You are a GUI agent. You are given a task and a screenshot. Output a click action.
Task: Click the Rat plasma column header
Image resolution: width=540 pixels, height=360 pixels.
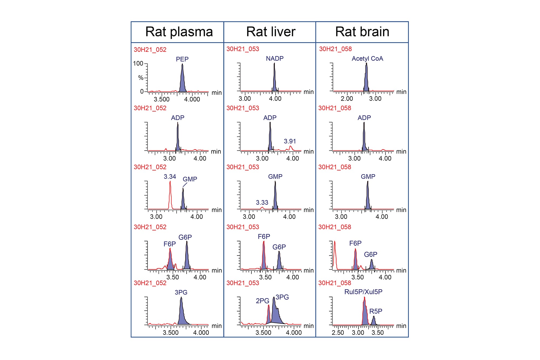point(179,32)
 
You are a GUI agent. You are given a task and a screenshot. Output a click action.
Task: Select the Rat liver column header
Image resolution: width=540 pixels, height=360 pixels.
point(271,32)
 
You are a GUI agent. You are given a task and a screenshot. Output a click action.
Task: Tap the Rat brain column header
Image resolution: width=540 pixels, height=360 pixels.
point(362,32)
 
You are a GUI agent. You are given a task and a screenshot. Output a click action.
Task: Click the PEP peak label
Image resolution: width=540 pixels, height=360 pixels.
point(182,59)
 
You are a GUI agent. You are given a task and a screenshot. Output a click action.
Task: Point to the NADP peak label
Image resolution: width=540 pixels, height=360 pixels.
point(275,59)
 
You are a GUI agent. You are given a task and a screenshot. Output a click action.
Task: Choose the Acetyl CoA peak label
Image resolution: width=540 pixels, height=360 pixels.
point(367,59)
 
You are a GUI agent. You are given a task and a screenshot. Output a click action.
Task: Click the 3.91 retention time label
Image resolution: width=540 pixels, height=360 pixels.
point(290,141)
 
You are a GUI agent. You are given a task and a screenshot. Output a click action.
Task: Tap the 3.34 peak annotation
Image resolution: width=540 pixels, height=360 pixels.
point(170,177)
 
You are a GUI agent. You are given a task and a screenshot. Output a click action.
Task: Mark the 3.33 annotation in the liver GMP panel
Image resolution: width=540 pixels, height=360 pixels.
point(262,203)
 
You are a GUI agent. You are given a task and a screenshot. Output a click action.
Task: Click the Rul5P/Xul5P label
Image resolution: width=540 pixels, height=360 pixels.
point(363,292)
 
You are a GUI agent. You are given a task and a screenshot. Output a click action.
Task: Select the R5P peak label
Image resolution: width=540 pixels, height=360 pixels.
point(376,311)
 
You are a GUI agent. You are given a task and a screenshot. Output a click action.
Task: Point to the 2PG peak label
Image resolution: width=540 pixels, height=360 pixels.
point(262,301)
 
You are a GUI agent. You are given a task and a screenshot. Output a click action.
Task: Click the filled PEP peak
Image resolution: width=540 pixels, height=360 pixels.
point(183,81)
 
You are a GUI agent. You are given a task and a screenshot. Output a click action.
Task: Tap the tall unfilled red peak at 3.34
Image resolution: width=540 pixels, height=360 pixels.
point(170,194)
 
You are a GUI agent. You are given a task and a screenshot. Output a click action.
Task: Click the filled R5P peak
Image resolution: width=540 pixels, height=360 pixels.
point(374,321)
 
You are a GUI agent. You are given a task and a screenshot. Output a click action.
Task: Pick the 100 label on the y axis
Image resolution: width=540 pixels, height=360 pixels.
point(138,63)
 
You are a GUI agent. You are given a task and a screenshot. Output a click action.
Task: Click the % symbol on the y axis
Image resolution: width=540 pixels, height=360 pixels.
point(141,78)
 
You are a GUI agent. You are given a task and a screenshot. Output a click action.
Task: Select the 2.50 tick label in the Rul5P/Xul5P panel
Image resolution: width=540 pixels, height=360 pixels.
point(338,333)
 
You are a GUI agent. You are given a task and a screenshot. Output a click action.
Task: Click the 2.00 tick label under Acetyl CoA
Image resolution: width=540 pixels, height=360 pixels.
point(347,99)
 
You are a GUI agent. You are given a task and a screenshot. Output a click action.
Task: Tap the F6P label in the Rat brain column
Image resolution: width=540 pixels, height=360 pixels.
point(355,243)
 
